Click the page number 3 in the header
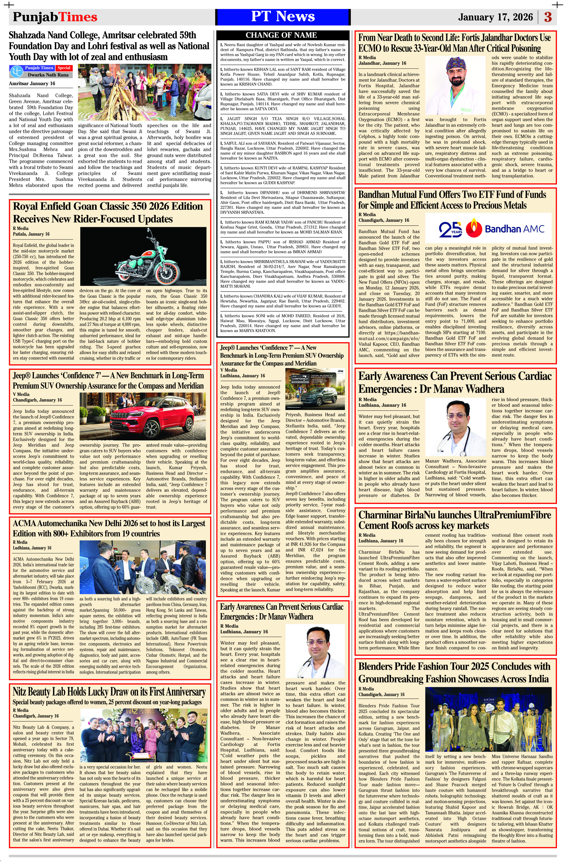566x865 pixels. pyautogui.click(x=548, y=17)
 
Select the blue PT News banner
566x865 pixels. pyautogui.click(x=283, y=17)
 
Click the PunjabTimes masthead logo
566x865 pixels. pyautogui.click(x=55, y=17)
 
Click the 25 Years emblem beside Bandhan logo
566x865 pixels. pyautogui.click(x=450, y=228)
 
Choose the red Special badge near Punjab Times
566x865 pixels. pyautogui.click(x=64, y=68)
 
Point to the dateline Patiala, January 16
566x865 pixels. pyautogui.click(x=31, y=234)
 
